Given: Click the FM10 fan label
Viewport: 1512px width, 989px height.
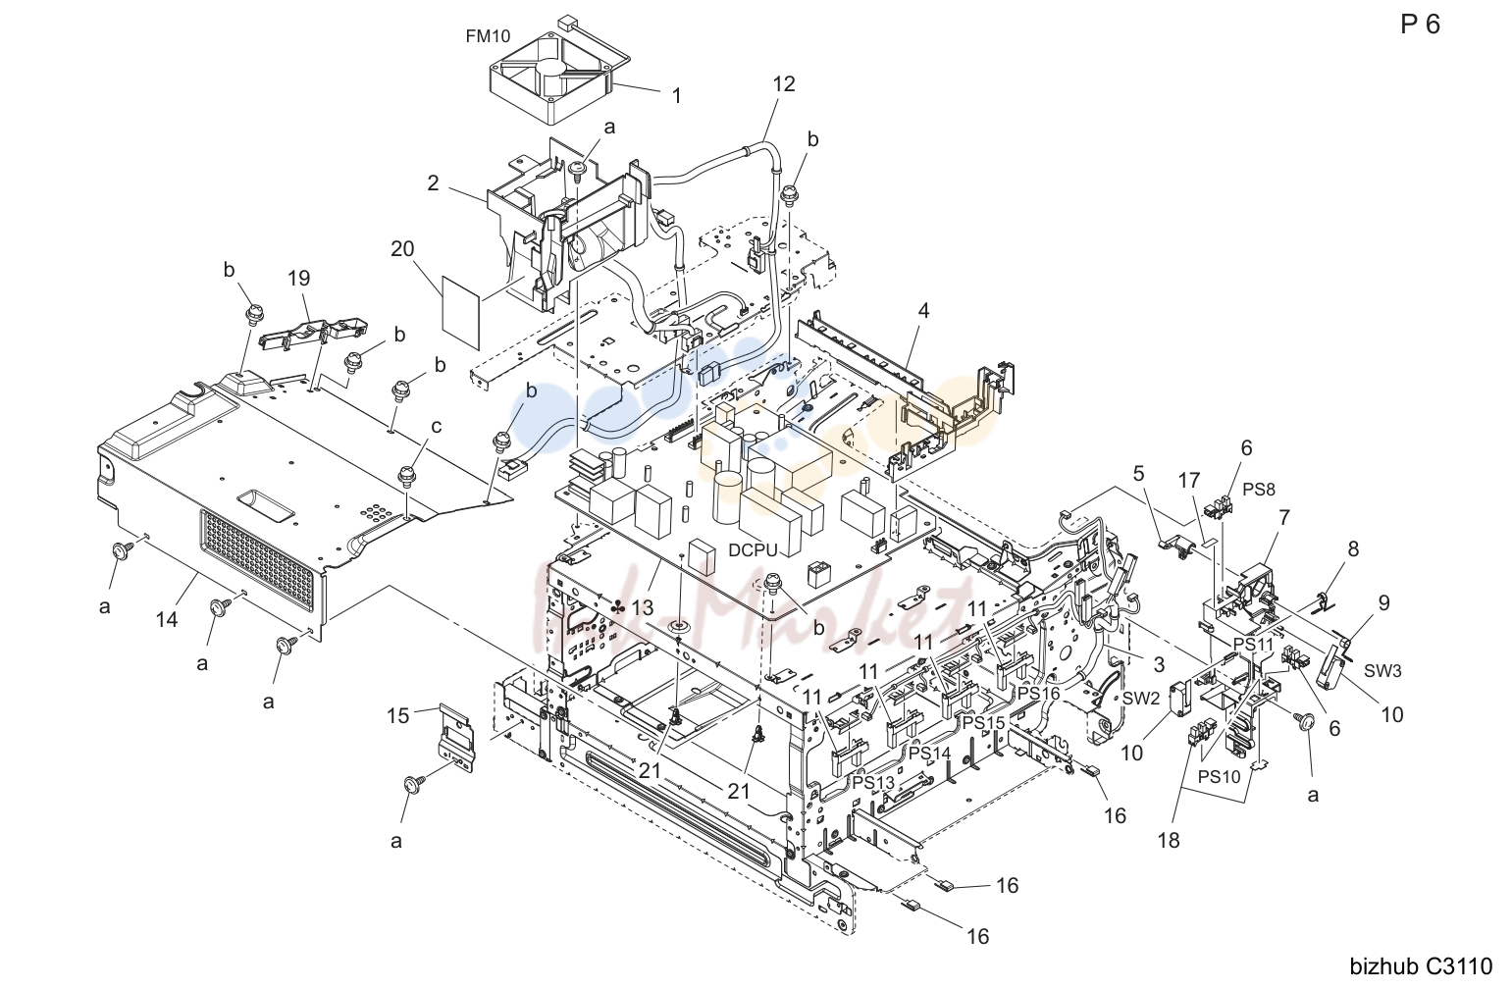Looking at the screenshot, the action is coord(488,36).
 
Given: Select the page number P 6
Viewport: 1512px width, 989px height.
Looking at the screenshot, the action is coord(1420,25).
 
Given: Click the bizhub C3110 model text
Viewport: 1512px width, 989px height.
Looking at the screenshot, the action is coord(1421,966).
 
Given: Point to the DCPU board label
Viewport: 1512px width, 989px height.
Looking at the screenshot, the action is coord(754,550).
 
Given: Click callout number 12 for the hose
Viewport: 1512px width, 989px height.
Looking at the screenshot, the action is coord(784,83).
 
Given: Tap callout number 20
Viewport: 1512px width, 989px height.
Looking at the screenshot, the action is coord(402,249).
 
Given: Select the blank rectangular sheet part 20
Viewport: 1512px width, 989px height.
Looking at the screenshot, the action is coord(461,312).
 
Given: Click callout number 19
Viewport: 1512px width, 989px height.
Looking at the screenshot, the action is coord(298,278).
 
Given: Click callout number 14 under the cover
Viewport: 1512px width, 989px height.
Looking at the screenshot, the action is coord(167,619).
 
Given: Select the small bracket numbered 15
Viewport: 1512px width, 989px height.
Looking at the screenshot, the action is coord(455,735).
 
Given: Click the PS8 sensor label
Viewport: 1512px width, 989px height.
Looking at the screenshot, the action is coord(1259,490).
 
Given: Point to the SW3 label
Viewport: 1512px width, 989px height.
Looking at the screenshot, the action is coord(1383,671).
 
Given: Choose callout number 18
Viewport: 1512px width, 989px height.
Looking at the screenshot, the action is coord(1169,841).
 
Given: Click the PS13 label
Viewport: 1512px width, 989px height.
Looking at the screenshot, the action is coord(873,783).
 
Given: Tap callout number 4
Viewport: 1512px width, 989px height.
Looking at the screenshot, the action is coord(923,311).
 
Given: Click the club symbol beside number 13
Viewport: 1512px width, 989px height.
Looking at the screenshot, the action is coord(617,607).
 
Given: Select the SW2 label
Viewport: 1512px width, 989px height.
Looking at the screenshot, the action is coord(1141,700).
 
